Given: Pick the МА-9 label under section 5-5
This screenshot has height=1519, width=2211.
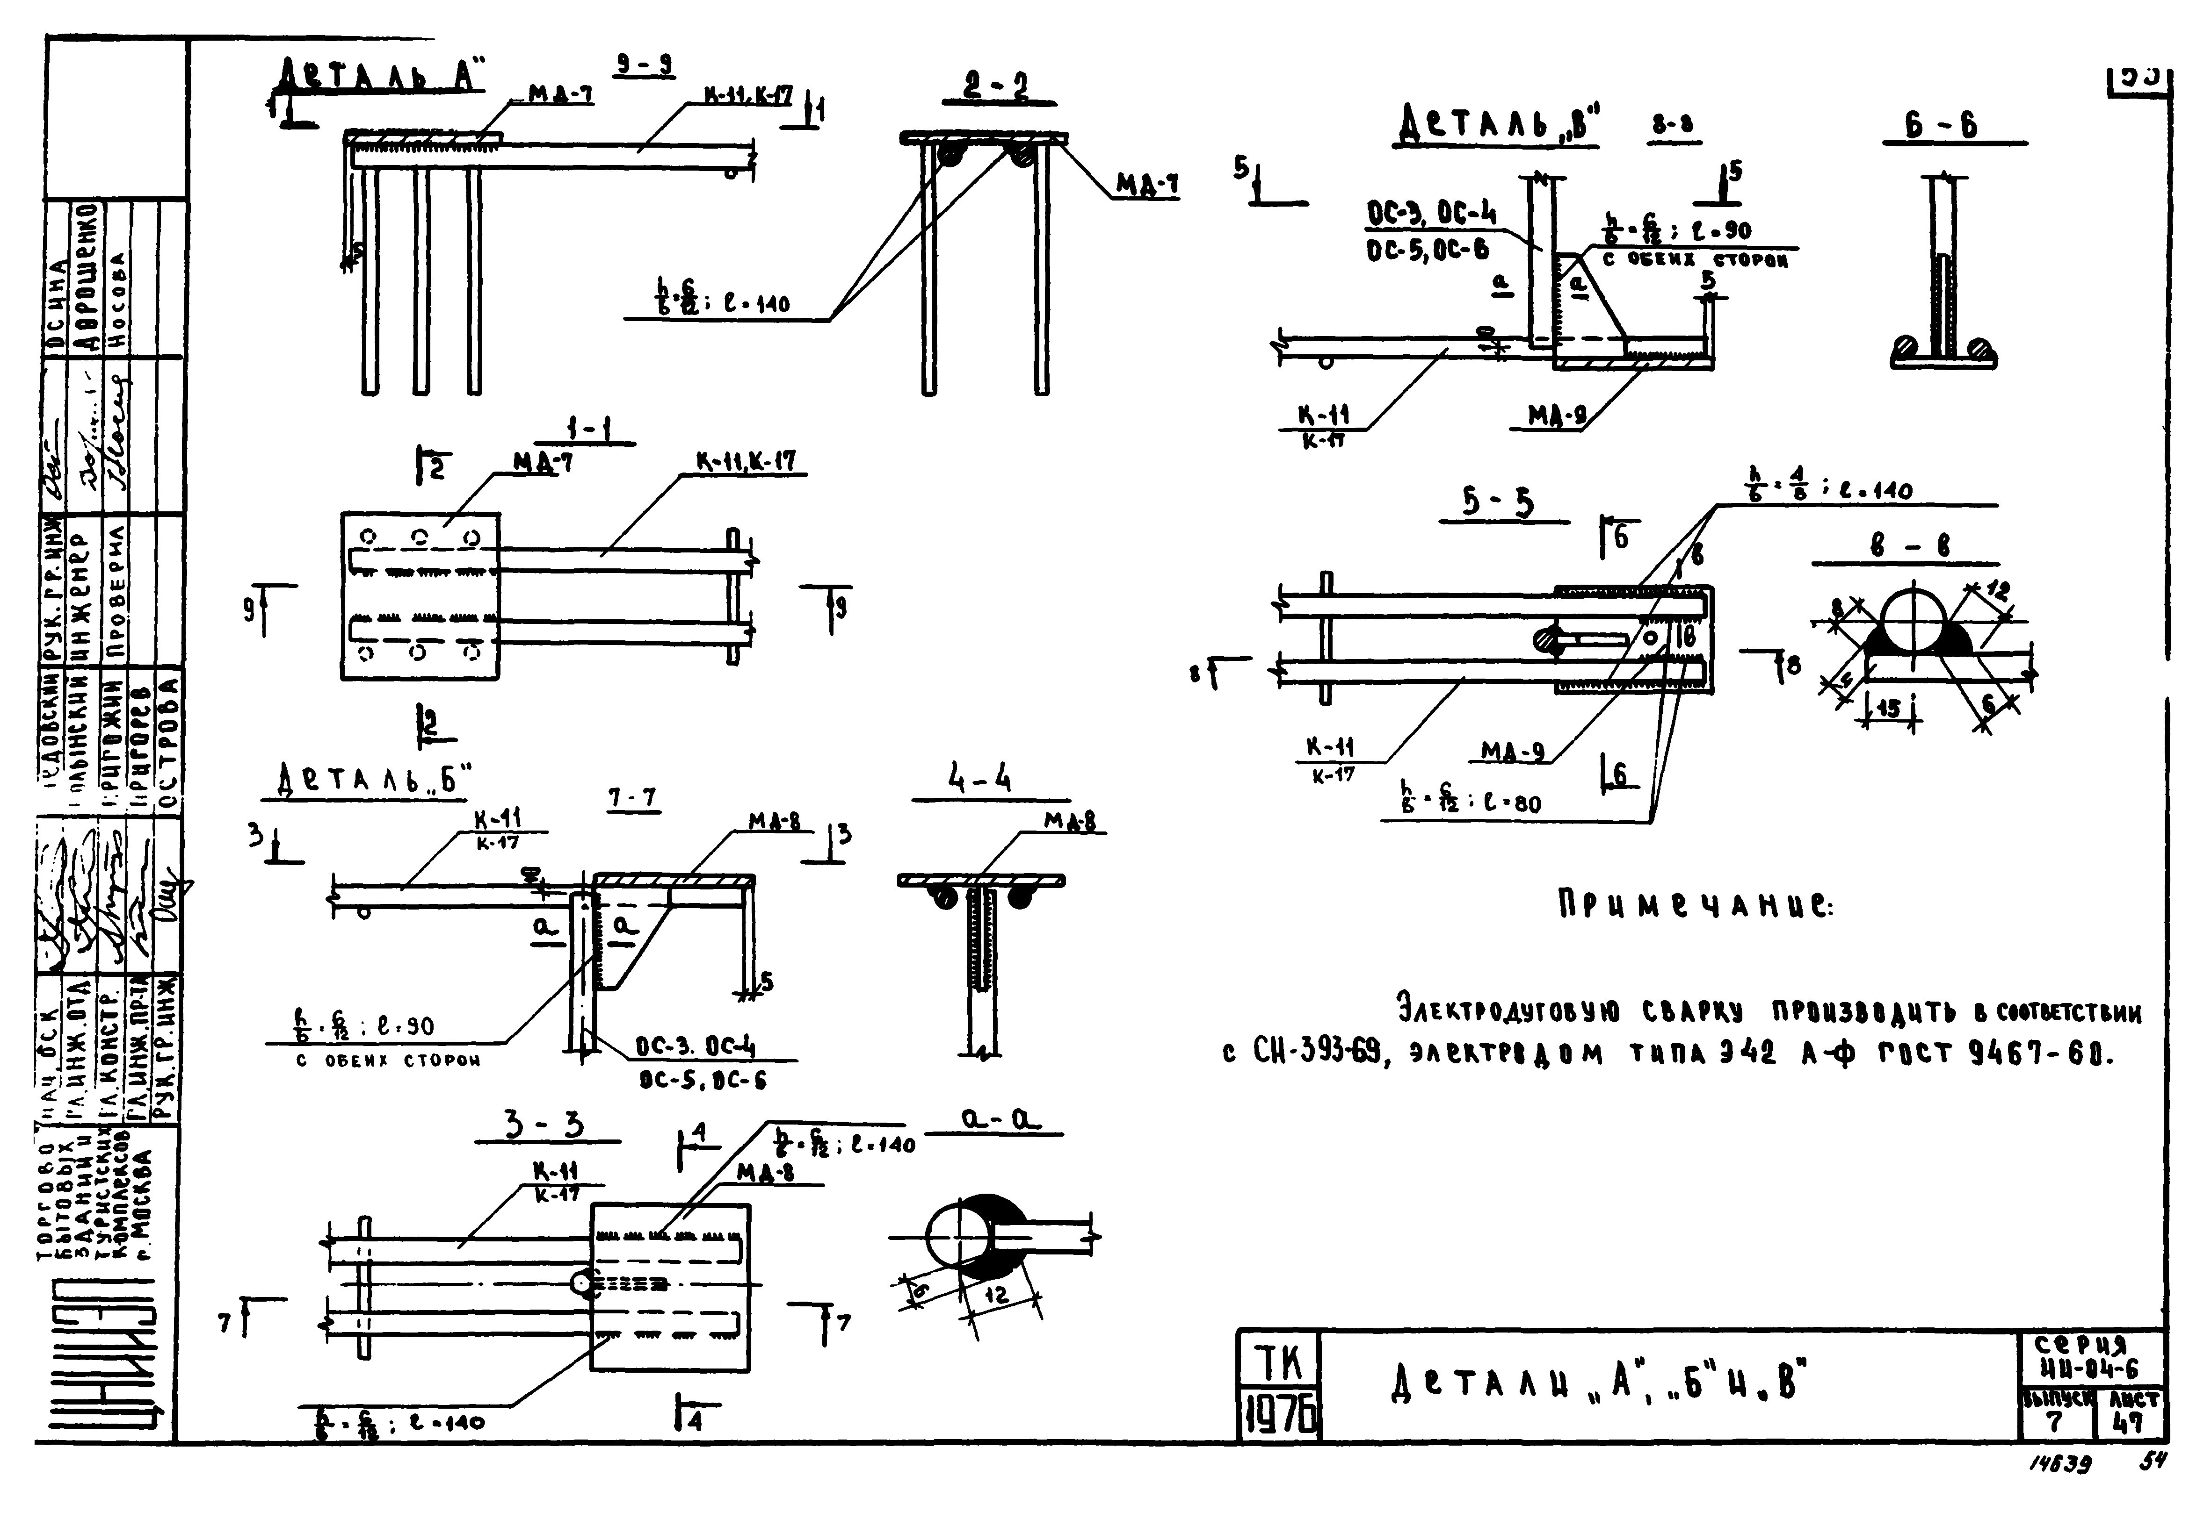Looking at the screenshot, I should click(x=1512, y=752).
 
